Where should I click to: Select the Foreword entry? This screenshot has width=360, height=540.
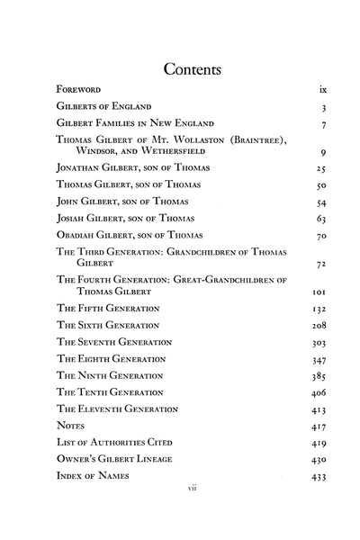[77, 91]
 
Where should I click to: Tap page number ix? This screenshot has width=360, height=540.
[322, 91]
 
